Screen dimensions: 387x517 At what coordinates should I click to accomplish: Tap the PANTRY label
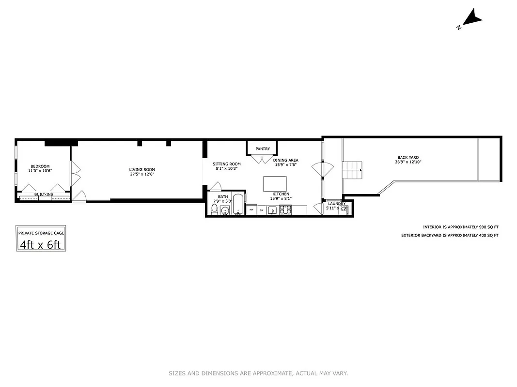263,149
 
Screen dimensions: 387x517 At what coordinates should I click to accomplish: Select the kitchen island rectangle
275,184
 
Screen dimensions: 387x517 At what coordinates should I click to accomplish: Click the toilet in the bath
214,209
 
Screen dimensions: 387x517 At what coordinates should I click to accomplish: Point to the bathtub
238,205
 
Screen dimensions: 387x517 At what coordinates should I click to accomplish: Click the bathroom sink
224,210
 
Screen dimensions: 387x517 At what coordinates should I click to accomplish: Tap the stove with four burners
285,209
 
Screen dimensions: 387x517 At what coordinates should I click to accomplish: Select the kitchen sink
273,210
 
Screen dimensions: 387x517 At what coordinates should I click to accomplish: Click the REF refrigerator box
251,210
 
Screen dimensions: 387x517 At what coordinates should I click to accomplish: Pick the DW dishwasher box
262,210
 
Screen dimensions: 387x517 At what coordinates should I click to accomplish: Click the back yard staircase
352,170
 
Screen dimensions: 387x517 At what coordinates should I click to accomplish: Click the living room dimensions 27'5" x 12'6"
142,174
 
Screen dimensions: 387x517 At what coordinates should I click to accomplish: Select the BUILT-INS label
44,194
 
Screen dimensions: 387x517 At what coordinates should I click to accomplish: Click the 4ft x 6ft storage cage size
41,245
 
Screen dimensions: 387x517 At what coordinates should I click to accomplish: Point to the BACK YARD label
408,157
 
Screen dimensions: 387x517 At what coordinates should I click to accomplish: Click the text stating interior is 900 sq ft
460,227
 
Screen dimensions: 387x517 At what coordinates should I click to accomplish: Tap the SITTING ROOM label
226,164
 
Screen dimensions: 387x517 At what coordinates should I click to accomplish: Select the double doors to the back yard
323,170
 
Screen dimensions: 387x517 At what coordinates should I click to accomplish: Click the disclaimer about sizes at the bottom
258,373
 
